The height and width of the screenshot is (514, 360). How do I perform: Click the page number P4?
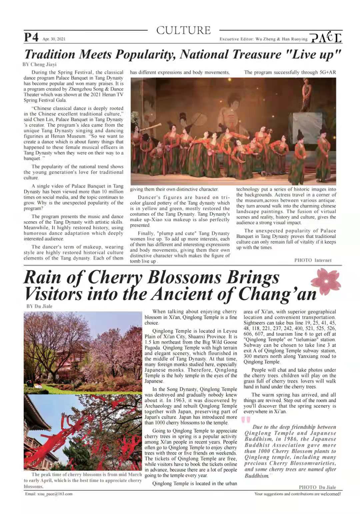(x=31, y=37)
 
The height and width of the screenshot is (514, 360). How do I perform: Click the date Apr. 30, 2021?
(x=54, y=39)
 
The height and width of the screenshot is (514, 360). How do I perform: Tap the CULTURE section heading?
(x=183, y=30)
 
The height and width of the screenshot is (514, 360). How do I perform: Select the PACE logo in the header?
(x=326, y=37)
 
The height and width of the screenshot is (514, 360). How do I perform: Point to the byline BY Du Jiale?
(x=39, y=306)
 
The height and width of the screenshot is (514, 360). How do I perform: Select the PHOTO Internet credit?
(x=313, y=260)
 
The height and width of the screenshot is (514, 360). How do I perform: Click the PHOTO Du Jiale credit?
(x=317, y=487)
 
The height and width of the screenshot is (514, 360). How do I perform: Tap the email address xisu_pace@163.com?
(x=49, y=494)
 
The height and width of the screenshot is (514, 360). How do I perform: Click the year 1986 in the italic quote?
(x=289, y=439)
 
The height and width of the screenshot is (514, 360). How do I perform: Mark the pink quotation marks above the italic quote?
(x=246, y=420)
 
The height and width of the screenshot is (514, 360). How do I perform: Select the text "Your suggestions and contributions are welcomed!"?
(x=297, y=494)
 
